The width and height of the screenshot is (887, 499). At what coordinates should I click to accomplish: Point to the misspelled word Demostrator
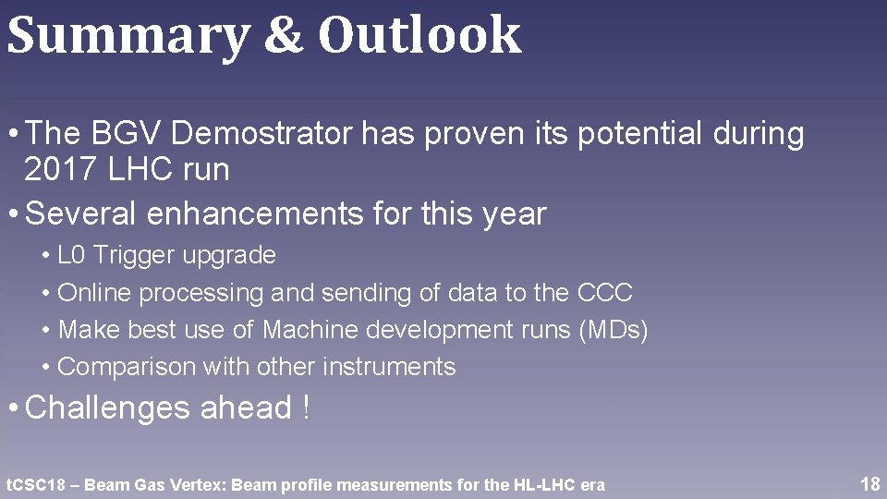pyautogui.click(x=262, y=135)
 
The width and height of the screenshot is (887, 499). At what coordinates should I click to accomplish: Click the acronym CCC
pyautogui.click(x=605, y=293)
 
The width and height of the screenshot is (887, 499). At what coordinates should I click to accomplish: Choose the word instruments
pyautogui.click(x=389, y=367)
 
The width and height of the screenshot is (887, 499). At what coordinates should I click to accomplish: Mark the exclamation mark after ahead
pyautogui.click(x=306, y=408)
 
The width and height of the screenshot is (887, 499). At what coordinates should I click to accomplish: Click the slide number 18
pyautogui.click(x=869, y=484)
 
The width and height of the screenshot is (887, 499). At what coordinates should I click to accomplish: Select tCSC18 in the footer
pyautogui.click(x=36, y=485)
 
